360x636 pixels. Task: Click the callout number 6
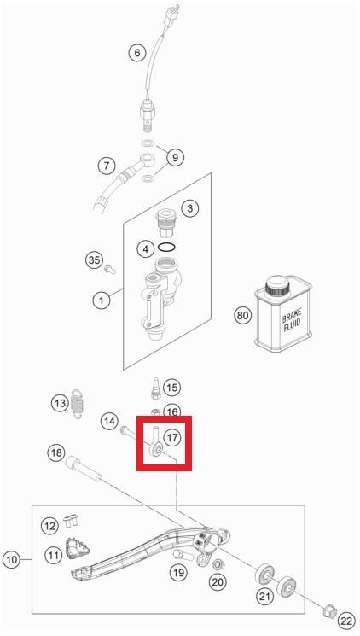point(137,53)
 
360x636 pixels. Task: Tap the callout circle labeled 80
point(242,315)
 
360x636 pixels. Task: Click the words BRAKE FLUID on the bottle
point(292,321)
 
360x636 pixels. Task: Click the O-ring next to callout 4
point(166,247)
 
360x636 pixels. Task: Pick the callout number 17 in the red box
point(172,437)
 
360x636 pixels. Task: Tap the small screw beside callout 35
point(110,269)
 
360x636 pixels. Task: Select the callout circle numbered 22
point(346,621)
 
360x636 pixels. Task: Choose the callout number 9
point(175,157)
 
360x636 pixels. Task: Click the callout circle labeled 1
point(101,300)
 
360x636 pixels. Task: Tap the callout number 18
point(56,452)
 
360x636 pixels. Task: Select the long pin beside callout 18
point(82,469)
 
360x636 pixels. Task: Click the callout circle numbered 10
point(12,560)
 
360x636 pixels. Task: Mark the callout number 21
point(264,596)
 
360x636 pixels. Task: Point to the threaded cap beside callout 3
point(166,223)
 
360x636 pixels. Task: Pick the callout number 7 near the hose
point(107,166)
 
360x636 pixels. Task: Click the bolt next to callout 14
point(130,434)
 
